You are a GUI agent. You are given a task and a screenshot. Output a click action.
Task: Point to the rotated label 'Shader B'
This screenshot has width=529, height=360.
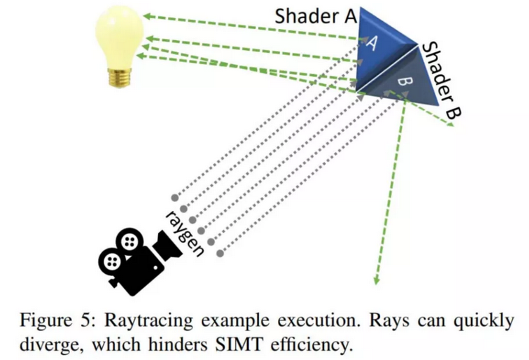tap(440, 78)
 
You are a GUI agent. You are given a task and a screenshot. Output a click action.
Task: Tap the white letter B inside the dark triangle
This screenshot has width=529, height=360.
tap(403, 82)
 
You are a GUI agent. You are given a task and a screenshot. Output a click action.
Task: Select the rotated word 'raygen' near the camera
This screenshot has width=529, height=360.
tap(186, 230)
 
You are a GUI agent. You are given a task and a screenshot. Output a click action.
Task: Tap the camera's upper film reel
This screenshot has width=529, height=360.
tap(128, 241)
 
